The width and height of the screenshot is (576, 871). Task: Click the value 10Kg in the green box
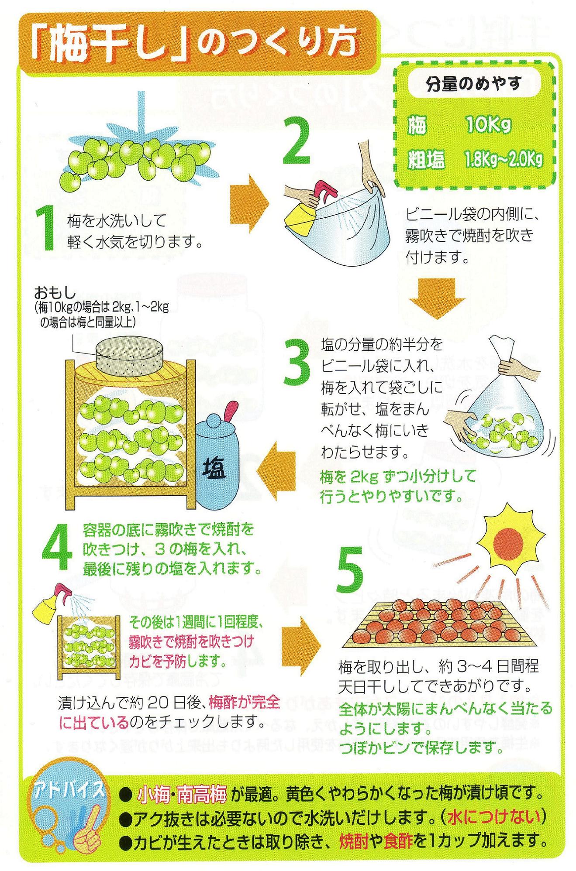(x=487, y=126)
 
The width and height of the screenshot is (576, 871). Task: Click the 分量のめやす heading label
(x=474, y=84)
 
